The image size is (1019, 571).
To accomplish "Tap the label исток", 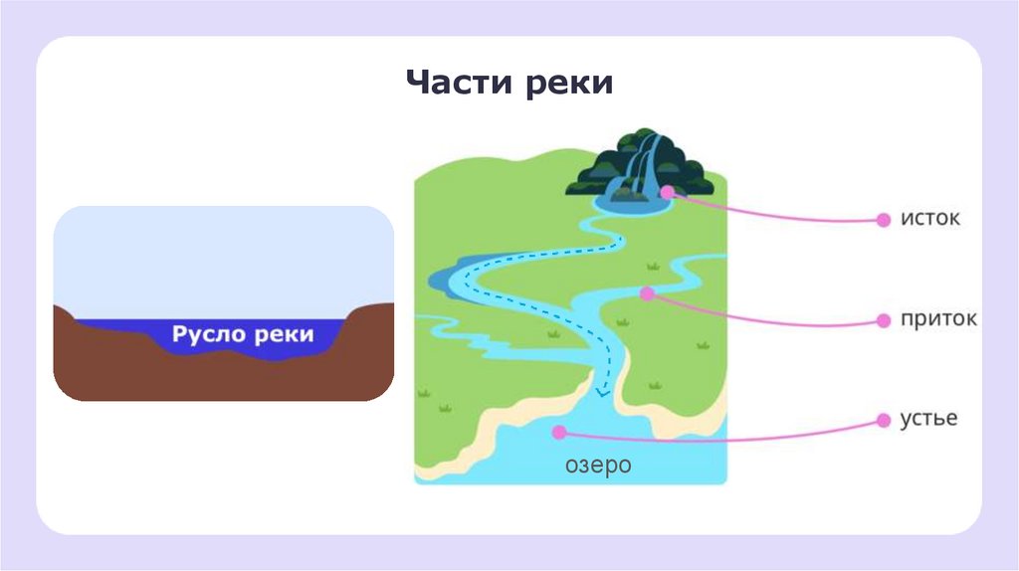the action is (x=930, y=218).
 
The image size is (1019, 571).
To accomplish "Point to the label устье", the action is (x=929, y=418).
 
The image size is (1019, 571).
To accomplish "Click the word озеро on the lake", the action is (x=598, y=465).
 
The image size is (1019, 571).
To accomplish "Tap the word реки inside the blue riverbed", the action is (x=283, y=334).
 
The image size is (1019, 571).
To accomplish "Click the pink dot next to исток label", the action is (x=883, y=221).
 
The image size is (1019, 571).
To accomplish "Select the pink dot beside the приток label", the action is (x=883, y=320).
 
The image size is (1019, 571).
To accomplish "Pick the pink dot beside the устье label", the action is (x=883, y=421).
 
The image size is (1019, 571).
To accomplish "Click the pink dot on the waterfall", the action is (x=667, y=191).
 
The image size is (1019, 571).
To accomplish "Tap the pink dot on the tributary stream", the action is (x=647, y=293).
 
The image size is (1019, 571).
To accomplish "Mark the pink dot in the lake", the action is (x=558, y=433).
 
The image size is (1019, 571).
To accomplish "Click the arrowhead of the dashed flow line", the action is (x=601, y=392).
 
